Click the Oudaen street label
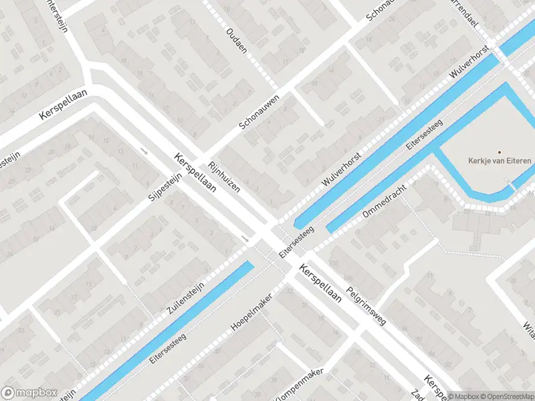click(237, 40)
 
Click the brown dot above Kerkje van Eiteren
click(498, 152)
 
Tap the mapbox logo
click(29, 392)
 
